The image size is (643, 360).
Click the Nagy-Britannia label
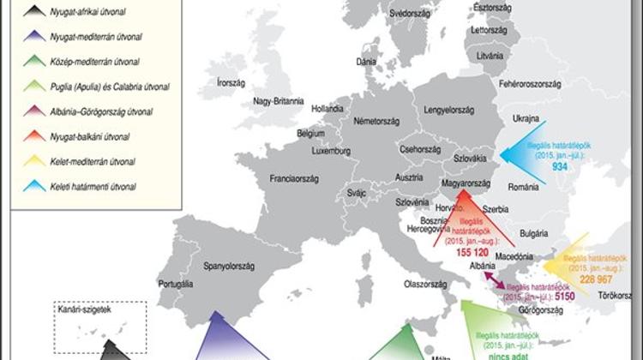278,101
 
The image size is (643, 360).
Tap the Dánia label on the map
367,63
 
